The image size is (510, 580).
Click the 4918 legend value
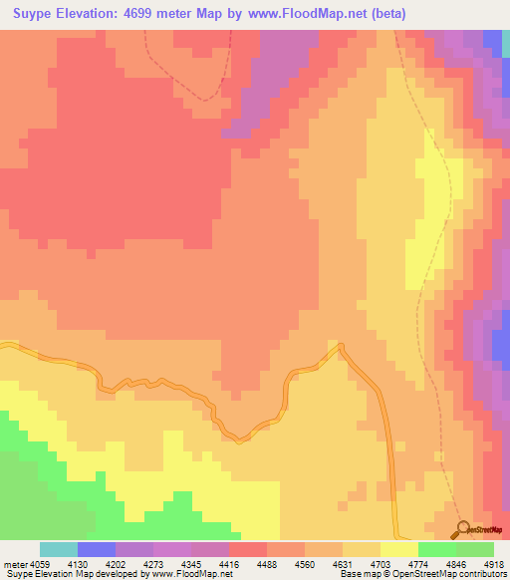click(x=494, y=564)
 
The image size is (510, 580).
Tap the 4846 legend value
click(x=456, y=564)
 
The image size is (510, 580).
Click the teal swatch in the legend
click(x=59, y=549)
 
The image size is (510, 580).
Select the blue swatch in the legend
click(x=97, y=549)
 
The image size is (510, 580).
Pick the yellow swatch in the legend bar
click(x=399, y=549)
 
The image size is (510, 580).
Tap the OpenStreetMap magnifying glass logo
click(x=461, y=529)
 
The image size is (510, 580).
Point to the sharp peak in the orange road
click(x=340, y=346)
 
